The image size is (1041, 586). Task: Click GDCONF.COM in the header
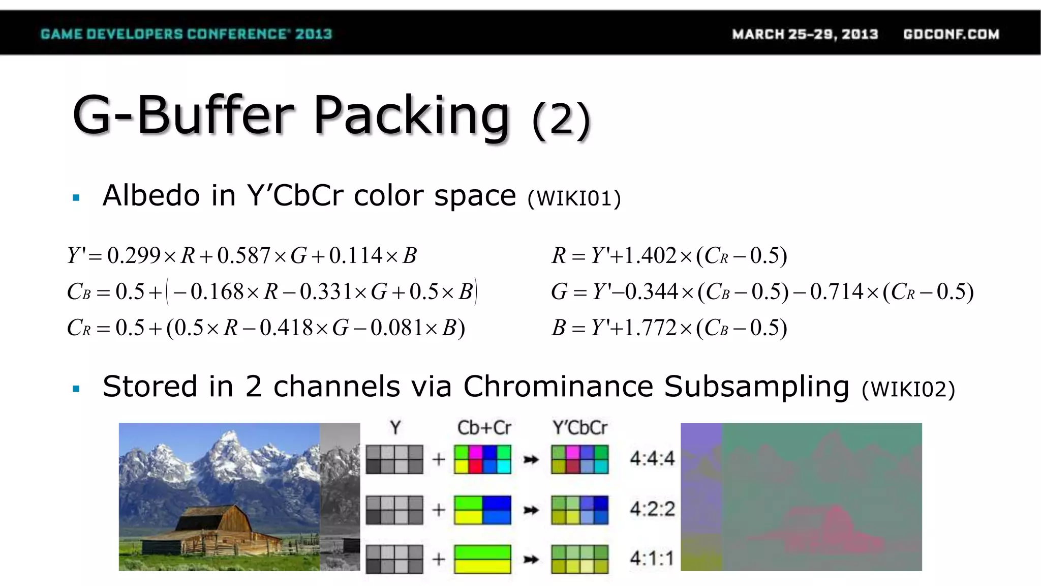coord(951,34)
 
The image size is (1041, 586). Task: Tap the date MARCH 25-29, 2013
coord(805,34)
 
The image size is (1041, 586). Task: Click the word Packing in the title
coord(411,116)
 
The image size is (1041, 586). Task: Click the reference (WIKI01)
coord(574,198)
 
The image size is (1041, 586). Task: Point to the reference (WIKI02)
coord(908,390)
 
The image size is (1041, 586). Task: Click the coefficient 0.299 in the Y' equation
coord(134,255)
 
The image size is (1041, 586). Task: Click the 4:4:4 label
coord(652,458)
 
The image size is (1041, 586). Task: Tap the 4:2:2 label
coord(652,509)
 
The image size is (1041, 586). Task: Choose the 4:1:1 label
coord(652,559)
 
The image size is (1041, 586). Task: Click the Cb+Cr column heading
coord(483,428)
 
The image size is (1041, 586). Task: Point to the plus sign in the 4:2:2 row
coord(438,509)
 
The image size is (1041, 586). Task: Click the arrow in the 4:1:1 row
coord(531,560)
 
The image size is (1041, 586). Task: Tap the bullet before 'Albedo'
coord(76,198)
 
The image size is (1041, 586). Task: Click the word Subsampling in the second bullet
coord(756,387)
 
